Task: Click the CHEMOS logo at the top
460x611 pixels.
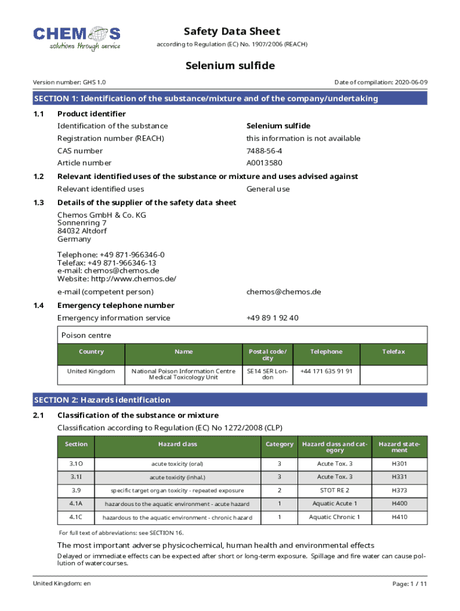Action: click(x=76, y=38)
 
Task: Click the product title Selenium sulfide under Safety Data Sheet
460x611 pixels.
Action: click(x=230, y=66)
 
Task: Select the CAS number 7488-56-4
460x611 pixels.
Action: click(x=264, y=151)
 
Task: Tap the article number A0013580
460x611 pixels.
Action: click(x=265, y=163)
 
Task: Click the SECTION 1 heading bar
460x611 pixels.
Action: click(x=230, y=98)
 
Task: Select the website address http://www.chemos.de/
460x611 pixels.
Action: click(x=136, y=279)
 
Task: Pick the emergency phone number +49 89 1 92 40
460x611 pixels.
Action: click(x=272, y=318)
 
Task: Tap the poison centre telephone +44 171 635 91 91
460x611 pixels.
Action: click(x=326, y=371)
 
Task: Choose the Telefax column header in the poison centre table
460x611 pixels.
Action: click(x=394, y=352)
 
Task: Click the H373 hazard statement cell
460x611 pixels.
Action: click(x=400, y=490)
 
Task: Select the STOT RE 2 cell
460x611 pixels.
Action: click(x=335, y=490)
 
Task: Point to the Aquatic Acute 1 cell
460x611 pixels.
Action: click(x=335, y=504)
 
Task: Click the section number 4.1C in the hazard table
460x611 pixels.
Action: click(x=76, y=517)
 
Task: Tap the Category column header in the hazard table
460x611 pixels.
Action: click(x=280, y=445)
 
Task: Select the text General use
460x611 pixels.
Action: click(x=268, y=189)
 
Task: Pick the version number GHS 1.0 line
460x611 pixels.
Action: click(x=69, y=82)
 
